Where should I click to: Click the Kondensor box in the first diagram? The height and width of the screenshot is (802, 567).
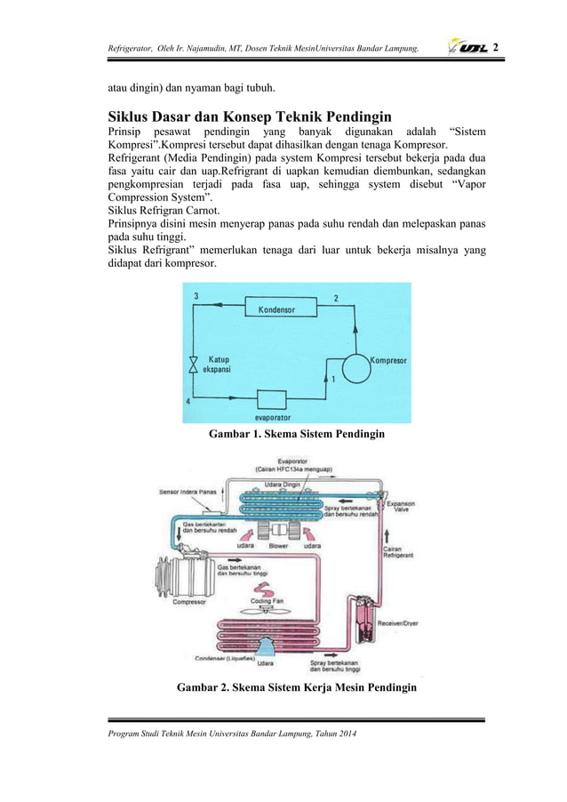276,309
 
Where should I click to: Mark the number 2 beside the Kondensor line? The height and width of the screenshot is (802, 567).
334,298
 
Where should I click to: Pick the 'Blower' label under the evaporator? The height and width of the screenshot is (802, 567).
265,547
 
